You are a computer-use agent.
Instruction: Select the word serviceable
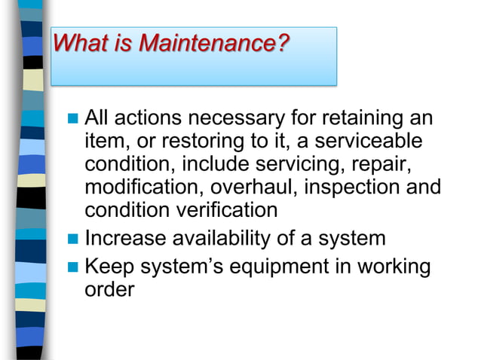click(369, 142)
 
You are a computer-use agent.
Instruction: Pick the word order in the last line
click(109, 290)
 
